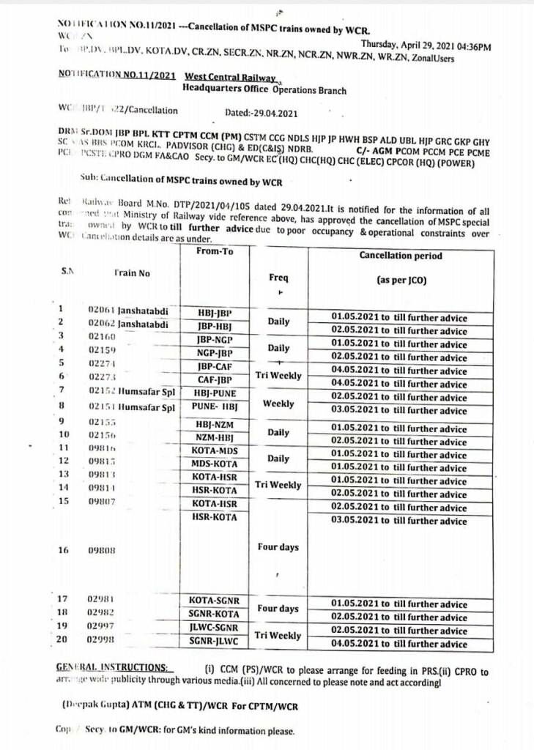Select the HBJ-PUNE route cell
215,393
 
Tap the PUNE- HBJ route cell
215,406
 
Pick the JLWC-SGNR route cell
215,628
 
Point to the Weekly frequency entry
278,404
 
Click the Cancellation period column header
401,256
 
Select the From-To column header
215,251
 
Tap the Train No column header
132,273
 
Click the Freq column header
278,278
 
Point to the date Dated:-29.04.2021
261,113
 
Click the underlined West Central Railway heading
230,77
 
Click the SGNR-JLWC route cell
215,641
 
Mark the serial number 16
63,550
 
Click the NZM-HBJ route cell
215,437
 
